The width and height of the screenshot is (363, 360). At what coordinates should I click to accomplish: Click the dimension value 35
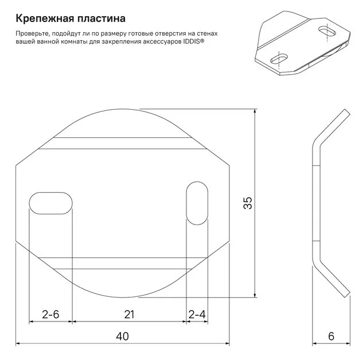pyautogui.click(x=248, y=203)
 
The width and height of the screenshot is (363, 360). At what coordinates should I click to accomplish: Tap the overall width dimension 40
pyautogui.click(x=122, y=336)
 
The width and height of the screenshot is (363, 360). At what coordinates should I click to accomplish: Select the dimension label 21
pyautogui.click(x=129, y=315)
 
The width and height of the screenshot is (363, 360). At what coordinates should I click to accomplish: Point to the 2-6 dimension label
pyautogui.click(x=50, y=314)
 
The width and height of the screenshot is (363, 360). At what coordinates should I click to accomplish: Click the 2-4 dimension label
pyautogui.click(x=197, y=315)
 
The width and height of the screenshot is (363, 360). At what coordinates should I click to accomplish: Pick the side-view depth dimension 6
pyautogui.click(x=331, y=336)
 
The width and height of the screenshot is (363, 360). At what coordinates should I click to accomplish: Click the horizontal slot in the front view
pyautogui.click(x=51, y=203)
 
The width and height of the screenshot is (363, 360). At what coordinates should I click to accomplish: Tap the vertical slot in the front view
pyautogui.click(x=197, y=203)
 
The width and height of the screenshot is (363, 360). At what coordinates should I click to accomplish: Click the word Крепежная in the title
pyautogui.click(x=44, y=18)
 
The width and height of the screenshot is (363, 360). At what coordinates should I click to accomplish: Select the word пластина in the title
pyautogui.click(x=102, y=18)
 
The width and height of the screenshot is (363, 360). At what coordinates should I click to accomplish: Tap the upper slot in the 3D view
pyautogui.click(x=327, y=30)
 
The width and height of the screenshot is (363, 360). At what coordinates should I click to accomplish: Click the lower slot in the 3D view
pyautogui.click(x=279, y=59)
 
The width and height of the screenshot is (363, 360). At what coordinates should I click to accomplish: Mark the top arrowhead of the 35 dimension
pyautogui.click(x=255, y=111)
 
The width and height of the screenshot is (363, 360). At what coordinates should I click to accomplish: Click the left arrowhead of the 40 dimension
pyautogui.click(x=18, y=343)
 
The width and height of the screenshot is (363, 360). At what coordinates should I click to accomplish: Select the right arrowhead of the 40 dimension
pyautogui.click(x=227, y=343)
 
